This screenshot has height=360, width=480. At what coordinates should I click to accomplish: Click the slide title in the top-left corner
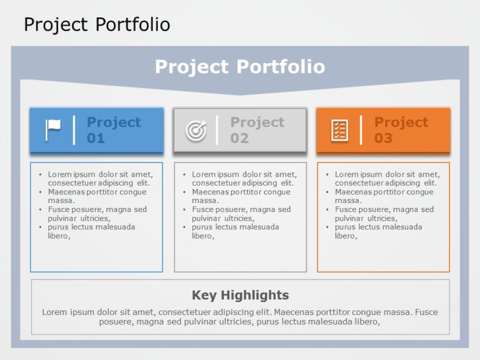click(x=97, y=25)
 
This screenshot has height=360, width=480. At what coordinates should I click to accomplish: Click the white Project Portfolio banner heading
click(x=240, y=66)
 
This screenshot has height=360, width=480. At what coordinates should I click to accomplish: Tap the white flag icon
click(x=53, y=130)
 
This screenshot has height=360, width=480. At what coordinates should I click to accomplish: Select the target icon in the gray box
click(x=196, y=130)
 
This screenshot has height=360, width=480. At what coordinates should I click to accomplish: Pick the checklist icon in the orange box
click(x=340, y=130)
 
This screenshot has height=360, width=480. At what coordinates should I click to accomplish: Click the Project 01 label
click(x=114, y=130)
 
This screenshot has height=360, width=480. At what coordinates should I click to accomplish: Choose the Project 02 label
click(x=257, y=130)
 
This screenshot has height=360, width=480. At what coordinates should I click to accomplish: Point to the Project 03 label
click(x=401, y=130)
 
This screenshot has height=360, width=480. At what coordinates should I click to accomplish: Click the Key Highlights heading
click(x=240, y=295)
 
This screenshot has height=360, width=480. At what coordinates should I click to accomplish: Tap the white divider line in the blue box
click(x=74, y=130)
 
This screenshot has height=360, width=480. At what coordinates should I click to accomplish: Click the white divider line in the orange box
click(x=361, y=130)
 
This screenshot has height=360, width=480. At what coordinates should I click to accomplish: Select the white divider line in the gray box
click(x=217, y=130)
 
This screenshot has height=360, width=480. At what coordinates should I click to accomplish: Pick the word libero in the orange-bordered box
click(x=345, y=236)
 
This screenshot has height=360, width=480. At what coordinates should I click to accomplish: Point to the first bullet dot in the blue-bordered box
click(x=40, y=174)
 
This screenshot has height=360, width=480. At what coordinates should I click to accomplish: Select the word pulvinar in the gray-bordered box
click(x=207, y=218)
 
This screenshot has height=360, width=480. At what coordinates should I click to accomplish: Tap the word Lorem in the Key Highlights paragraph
click(x=54, y=312)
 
